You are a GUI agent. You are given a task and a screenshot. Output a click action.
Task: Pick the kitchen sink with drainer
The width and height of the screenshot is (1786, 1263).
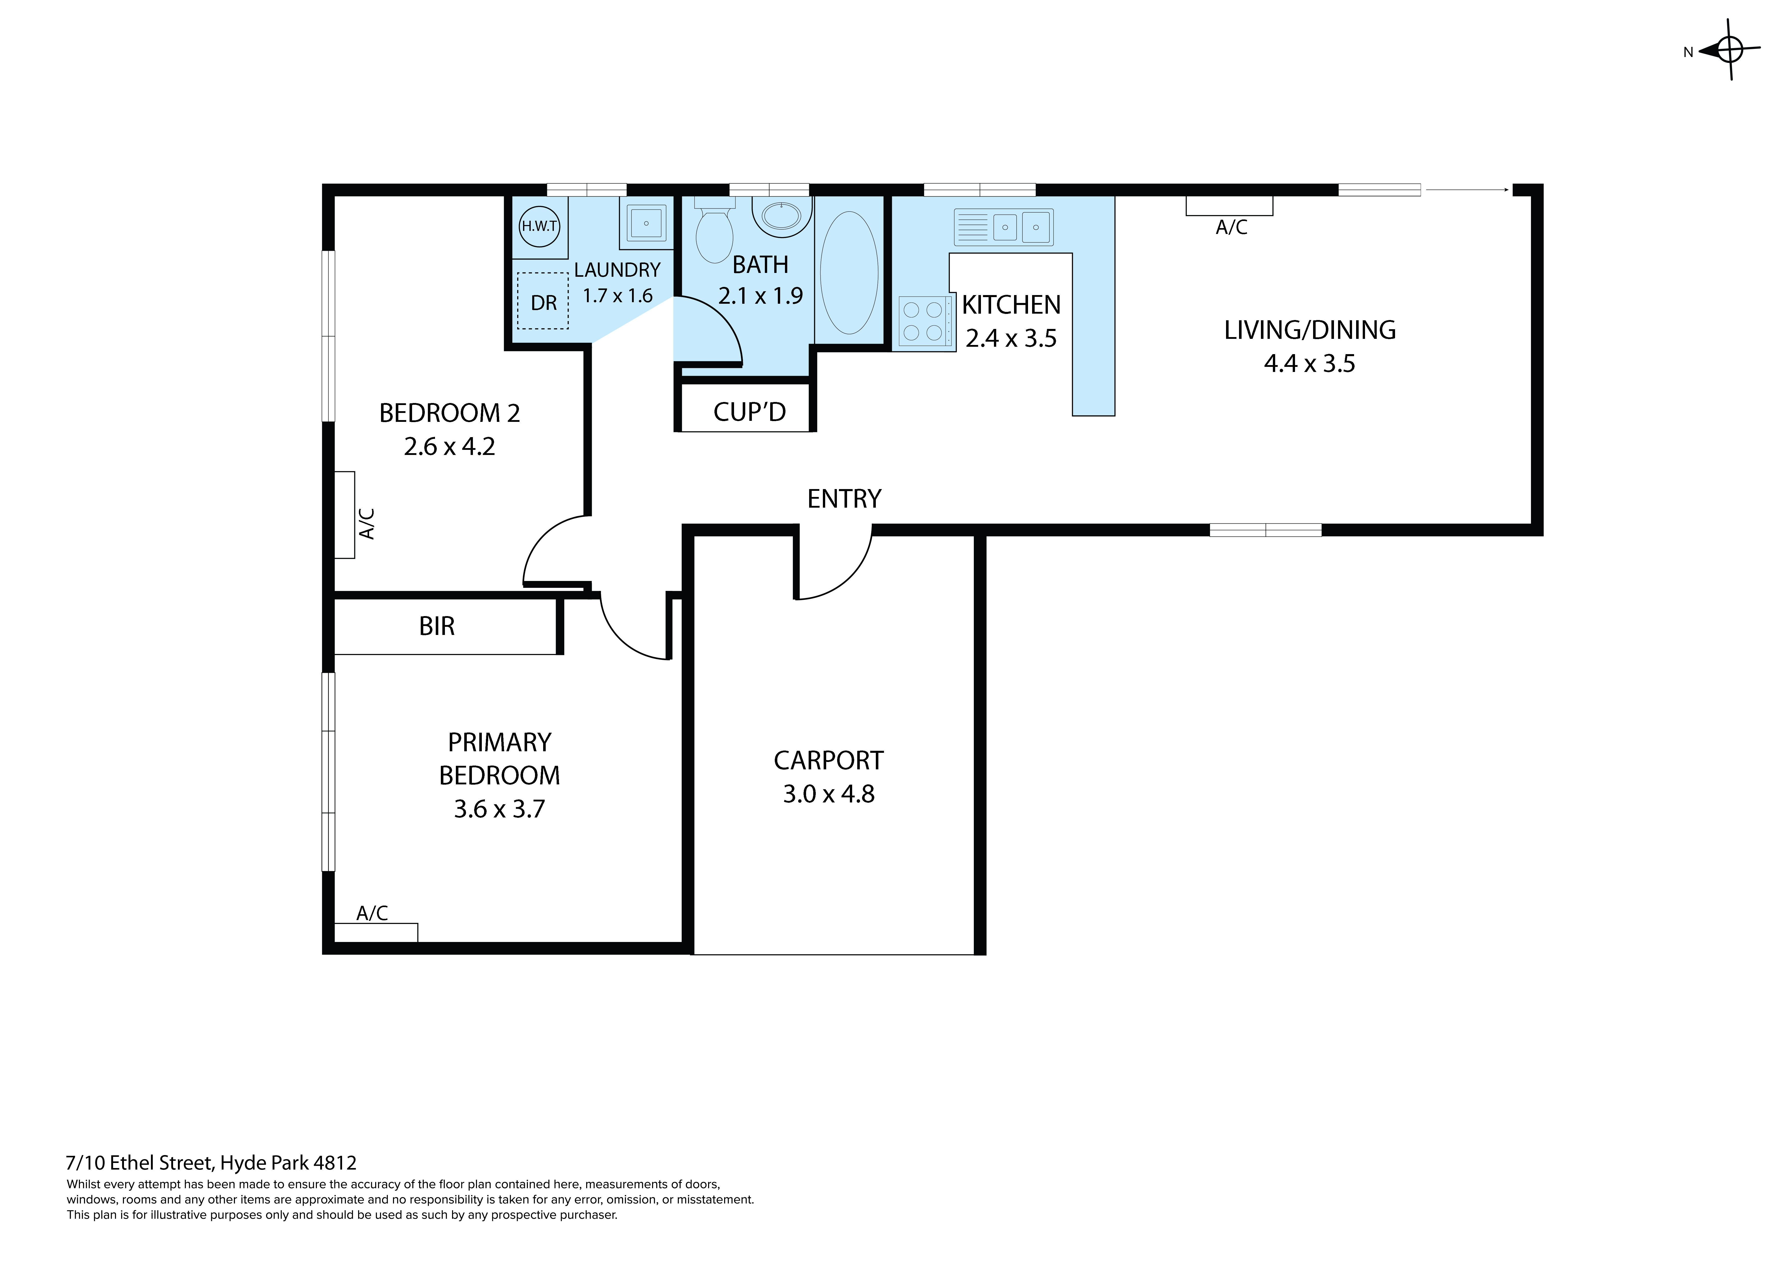(1003, 226)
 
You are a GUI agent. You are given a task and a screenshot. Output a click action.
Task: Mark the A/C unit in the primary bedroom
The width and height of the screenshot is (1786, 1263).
(376, 932)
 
